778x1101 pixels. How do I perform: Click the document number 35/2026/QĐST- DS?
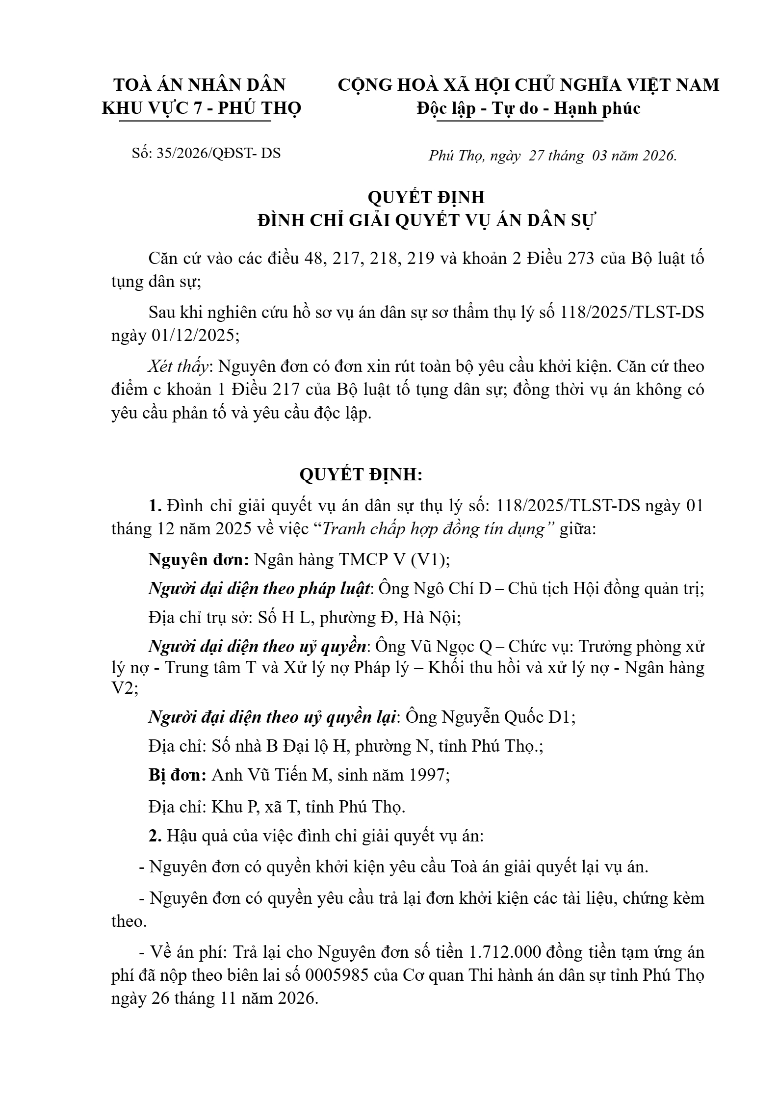[218, 153]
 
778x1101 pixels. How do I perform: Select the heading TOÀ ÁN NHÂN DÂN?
[200, 85]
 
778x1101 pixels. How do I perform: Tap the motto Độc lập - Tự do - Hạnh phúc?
[528, 108]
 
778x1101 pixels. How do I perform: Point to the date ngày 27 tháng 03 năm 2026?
[583, 156]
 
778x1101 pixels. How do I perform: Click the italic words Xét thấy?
[180, 366]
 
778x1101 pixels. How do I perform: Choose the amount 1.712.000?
[505, 952]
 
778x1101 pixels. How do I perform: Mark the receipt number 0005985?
[337, 975]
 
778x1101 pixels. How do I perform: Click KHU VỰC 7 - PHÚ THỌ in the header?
[202, 108]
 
